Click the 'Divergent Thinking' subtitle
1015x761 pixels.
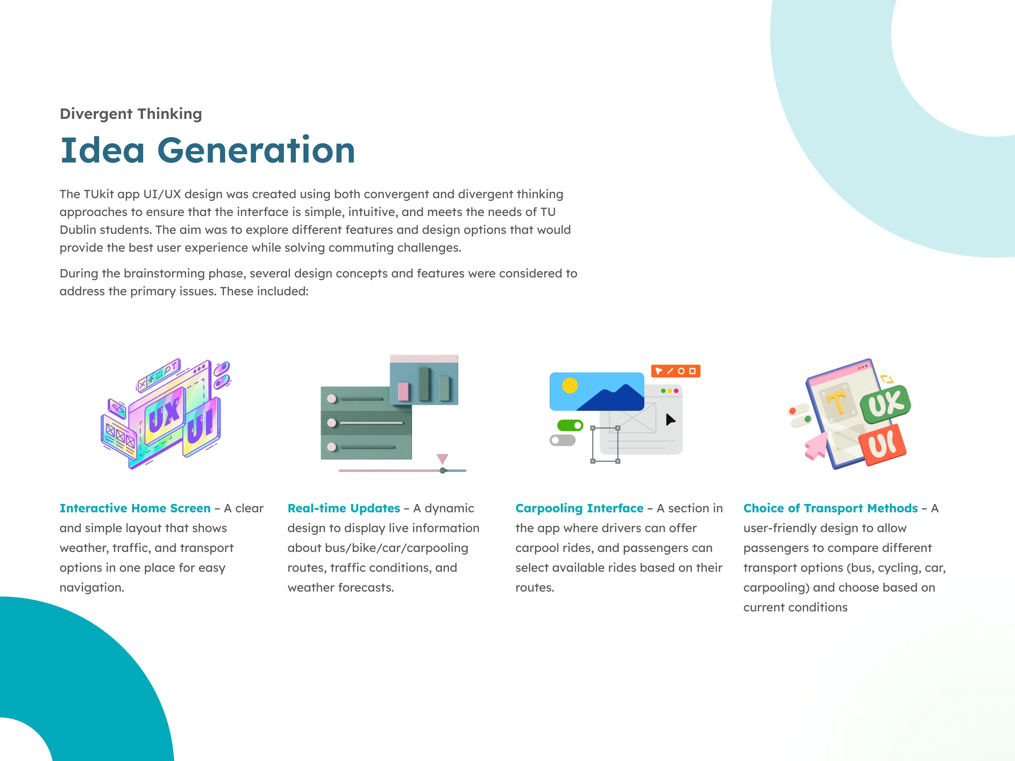131,114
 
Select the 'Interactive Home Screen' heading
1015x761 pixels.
135,508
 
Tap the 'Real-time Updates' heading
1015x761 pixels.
344,508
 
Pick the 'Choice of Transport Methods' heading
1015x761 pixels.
831,508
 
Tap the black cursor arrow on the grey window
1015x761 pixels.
670,419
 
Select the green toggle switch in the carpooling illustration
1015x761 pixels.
570,426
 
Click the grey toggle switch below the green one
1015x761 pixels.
563,440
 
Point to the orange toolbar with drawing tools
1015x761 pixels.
676,371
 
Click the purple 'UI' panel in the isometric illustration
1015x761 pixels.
202,427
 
